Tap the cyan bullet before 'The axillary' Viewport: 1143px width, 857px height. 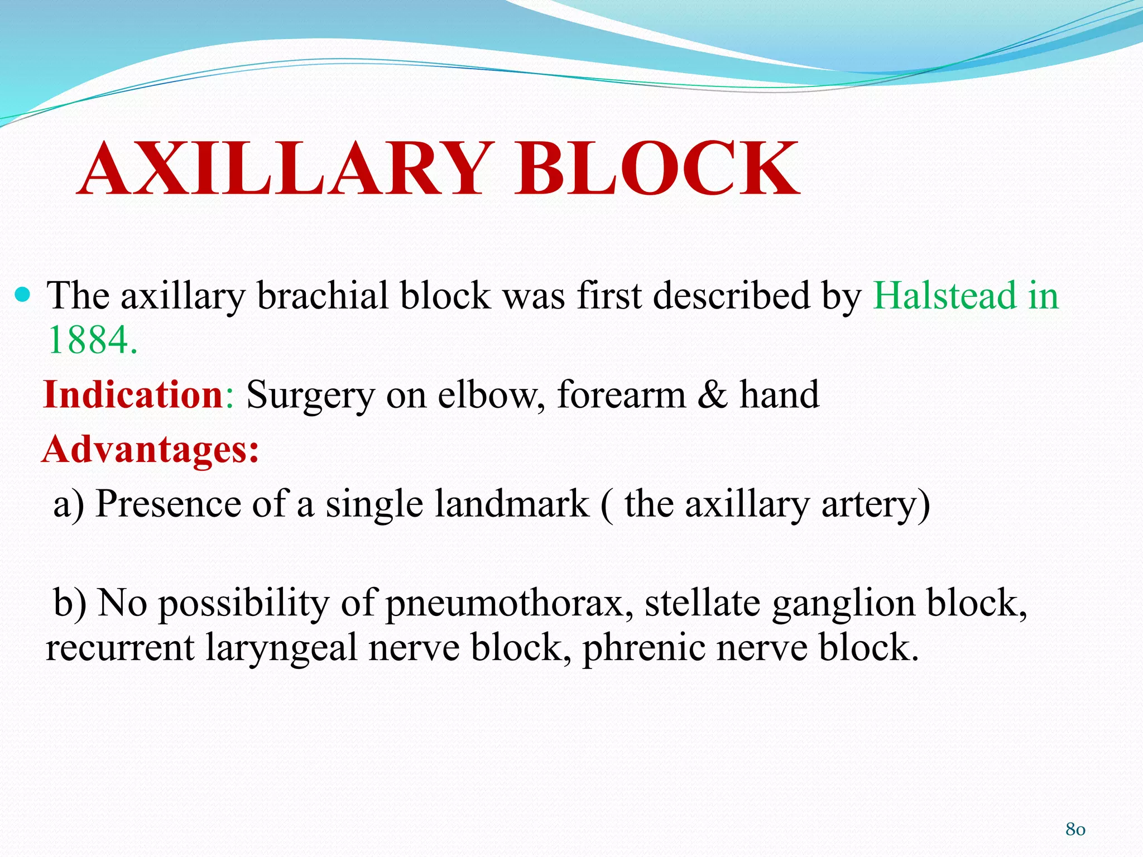point(22,294)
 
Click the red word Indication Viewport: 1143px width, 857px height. point(134,394)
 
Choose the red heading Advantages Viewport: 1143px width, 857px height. point(150,449)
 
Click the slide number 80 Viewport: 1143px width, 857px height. point(1075,829)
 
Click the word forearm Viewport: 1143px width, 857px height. point(621,394)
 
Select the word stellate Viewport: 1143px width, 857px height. point(702,603)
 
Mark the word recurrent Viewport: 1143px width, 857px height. point(120,649)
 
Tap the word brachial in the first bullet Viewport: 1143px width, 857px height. point(322,295)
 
